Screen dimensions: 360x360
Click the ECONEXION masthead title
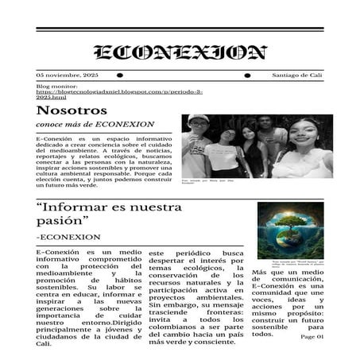(180, 53)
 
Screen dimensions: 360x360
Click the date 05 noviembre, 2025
(67, 75)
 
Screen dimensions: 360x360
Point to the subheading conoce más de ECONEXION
(95, 125)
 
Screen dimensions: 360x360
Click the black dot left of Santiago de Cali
(247, 75)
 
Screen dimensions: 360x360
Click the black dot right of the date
(120, 75)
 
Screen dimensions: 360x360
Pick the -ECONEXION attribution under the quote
(69, 237)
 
